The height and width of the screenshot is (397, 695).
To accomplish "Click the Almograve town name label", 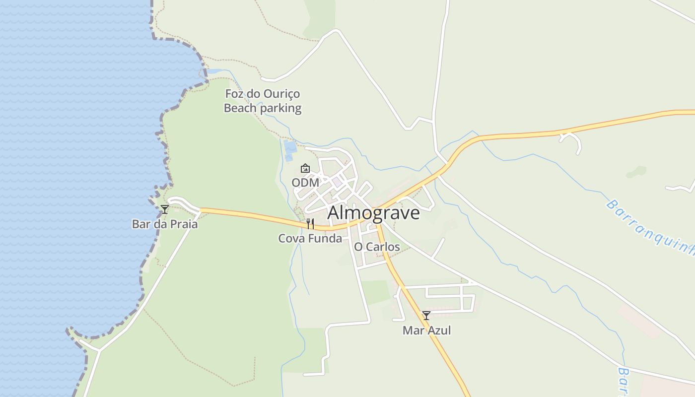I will [373, 212].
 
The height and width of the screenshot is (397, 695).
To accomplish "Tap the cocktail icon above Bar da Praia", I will [165, 209].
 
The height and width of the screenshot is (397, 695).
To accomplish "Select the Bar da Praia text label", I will [165, 224].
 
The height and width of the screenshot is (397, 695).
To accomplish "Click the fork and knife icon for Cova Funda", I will [310, 224].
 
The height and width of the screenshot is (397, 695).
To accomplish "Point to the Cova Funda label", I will [310, 239].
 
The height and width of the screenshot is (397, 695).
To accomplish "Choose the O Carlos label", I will [377, 247].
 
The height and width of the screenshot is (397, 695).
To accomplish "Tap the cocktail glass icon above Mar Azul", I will [426, 316].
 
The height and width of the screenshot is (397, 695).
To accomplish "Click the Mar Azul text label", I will [426, 331].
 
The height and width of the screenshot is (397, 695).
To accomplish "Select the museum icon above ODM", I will [305, 168].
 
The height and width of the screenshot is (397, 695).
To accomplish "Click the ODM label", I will [305, 183].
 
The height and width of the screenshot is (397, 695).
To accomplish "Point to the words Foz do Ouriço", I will [262, 94].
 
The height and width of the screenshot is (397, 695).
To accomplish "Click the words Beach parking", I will [262, 108].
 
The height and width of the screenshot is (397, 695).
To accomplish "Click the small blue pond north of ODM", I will [289, 147].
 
